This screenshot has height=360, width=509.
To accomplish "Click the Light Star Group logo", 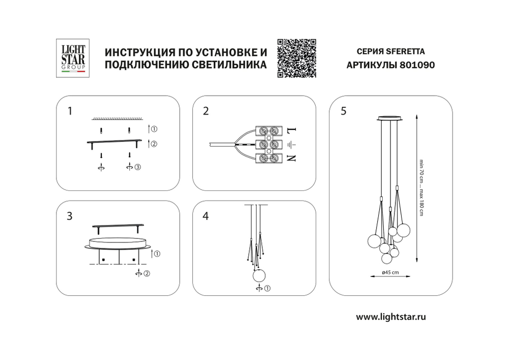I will [73, 59].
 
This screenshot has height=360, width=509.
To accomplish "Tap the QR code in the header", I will [297, 58].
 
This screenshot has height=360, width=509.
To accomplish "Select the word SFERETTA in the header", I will [405, 51].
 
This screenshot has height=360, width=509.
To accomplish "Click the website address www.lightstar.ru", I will [390, 317].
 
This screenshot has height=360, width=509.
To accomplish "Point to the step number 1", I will [71, 111].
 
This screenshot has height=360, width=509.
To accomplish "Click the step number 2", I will [206, 111].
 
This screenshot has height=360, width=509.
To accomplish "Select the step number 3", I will [70, 216].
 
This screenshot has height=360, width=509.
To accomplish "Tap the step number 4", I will [206, 216].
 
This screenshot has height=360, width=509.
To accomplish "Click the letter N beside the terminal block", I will [292, 158].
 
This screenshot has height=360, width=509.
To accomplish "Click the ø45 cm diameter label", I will [390, 273].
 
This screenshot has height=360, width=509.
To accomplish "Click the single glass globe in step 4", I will [260, 276].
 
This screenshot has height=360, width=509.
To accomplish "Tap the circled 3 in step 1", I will [137, 167].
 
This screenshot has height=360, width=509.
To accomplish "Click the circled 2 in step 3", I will [146, 274].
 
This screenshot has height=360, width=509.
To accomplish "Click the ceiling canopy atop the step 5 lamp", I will [390, 119].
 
